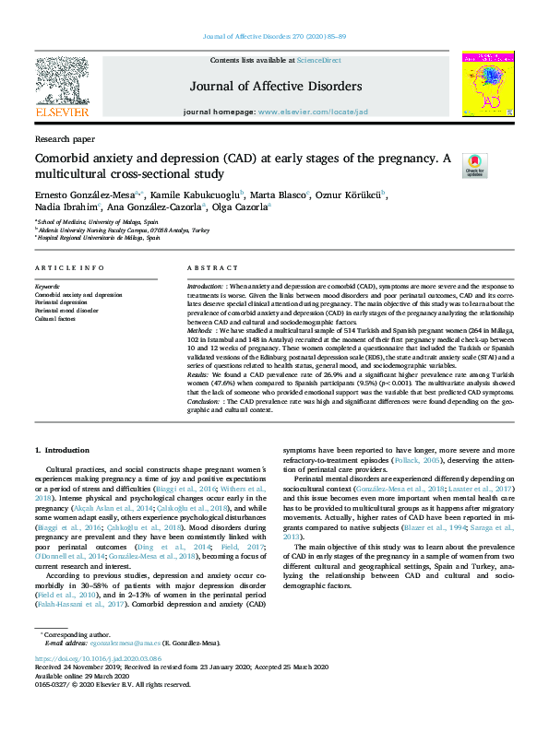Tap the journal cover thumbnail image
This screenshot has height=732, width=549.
pos(488,83)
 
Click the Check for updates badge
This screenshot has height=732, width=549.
pos(474,166)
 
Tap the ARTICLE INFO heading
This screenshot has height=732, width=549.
pos(69,267)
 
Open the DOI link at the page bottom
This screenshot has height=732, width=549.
pos(99,685)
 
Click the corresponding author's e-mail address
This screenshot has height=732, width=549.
pos(114,668)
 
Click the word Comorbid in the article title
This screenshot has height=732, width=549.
pos(60,159)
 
